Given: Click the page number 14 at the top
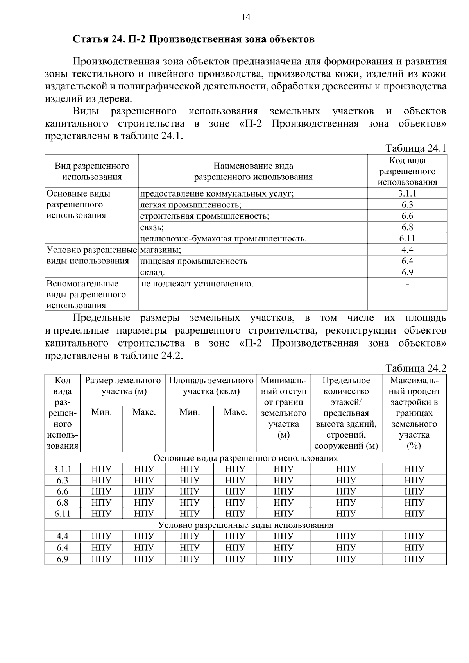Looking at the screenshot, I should click(245, 17).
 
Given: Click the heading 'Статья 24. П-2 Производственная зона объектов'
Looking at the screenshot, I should click(193, 39).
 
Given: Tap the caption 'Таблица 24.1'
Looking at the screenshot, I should click(415, 148).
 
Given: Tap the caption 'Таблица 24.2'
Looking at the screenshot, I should click(415, 368).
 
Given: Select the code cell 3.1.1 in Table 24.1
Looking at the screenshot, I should click(407, 193).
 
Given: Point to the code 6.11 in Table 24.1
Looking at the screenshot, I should click(407, 239).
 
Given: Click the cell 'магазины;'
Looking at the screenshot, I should click(160, 250).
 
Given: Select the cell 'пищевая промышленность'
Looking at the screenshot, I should click(194, 261).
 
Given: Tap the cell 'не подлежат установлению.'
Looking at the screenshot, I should click(197, 284).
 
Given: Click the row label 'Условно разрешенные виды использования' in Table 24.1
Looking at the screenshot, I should click(91, 256).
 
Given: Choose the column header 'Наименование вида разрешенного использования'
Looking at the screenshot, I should click(253, 171).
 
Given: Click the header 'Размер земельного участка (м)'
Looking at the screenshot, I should click(123, 386).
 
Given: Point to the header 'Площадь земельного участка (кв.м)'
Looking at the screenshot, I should click(211, 386).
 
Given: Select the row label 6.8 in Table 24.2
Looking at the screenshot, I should click(63, 502).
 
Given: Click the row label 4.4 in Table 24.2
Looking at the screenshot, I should click(63, 536).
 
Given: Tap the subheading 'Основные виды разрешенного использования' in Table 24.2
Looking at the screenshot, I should click(245, 458).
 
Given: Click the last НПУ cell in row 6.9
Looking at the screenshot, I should click(414, 559).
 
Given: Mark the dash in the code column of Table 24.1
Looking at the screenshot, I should click(407, 284).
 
